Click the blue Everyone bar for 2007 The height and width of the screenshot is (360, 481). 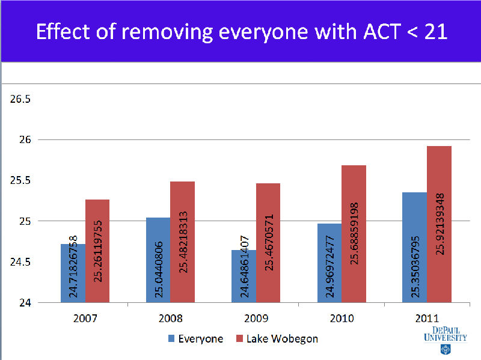tap(73, 273)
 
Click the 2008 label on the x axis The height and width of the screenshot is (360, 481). tap(170, 318)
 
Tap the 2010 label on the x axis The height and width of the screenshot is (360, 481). tap(342, 318)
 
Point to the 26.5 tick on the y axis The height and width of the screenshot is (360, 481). tap(20, 99)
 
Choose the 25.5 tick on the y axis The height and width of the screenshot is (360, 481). tap(20, 181)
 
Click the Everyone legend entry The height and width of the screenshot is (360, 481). tap(195, 338)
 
